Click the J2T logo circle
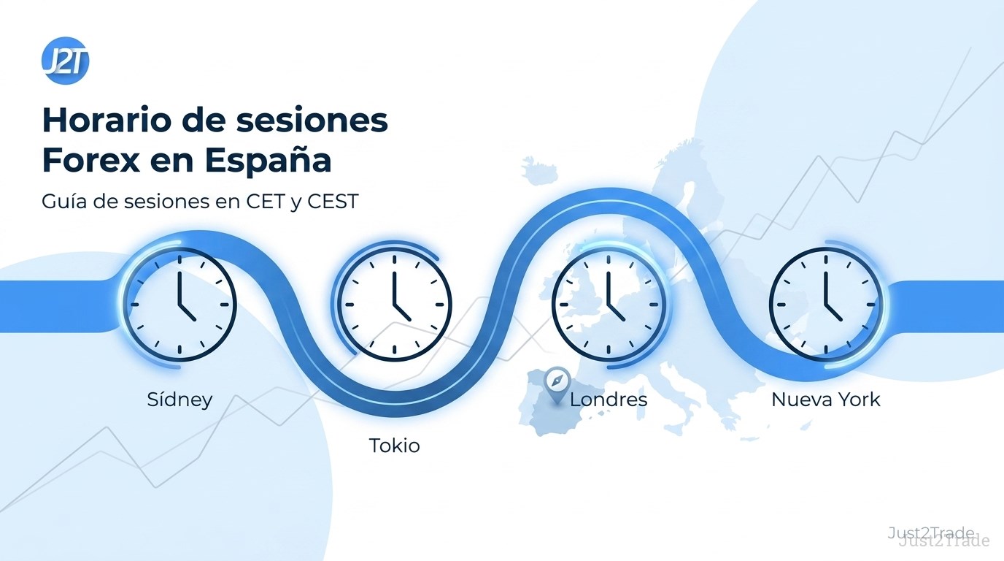tap(66, 61)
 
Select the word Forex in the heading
tap(90, 160)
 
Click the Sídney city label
tap(179, 400)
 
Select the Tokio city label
tap(395, 446)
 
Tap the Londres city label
tap(609, 400)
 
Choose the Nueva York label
tap(826, 400)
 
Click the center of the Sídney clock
tap(179, 305)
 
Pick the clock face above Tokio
tap(395, 305)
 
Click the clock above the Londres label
tap(609, 305)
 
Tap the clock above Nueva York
tap(826, 305)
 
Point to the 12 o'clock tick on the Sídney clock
tap(179, 259)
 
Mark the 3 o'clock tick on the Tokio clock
tap(439, 305)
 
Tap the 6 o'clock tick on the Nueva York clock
tap(826, 349)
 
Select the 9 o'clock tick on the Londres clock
tap(563, 305)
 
